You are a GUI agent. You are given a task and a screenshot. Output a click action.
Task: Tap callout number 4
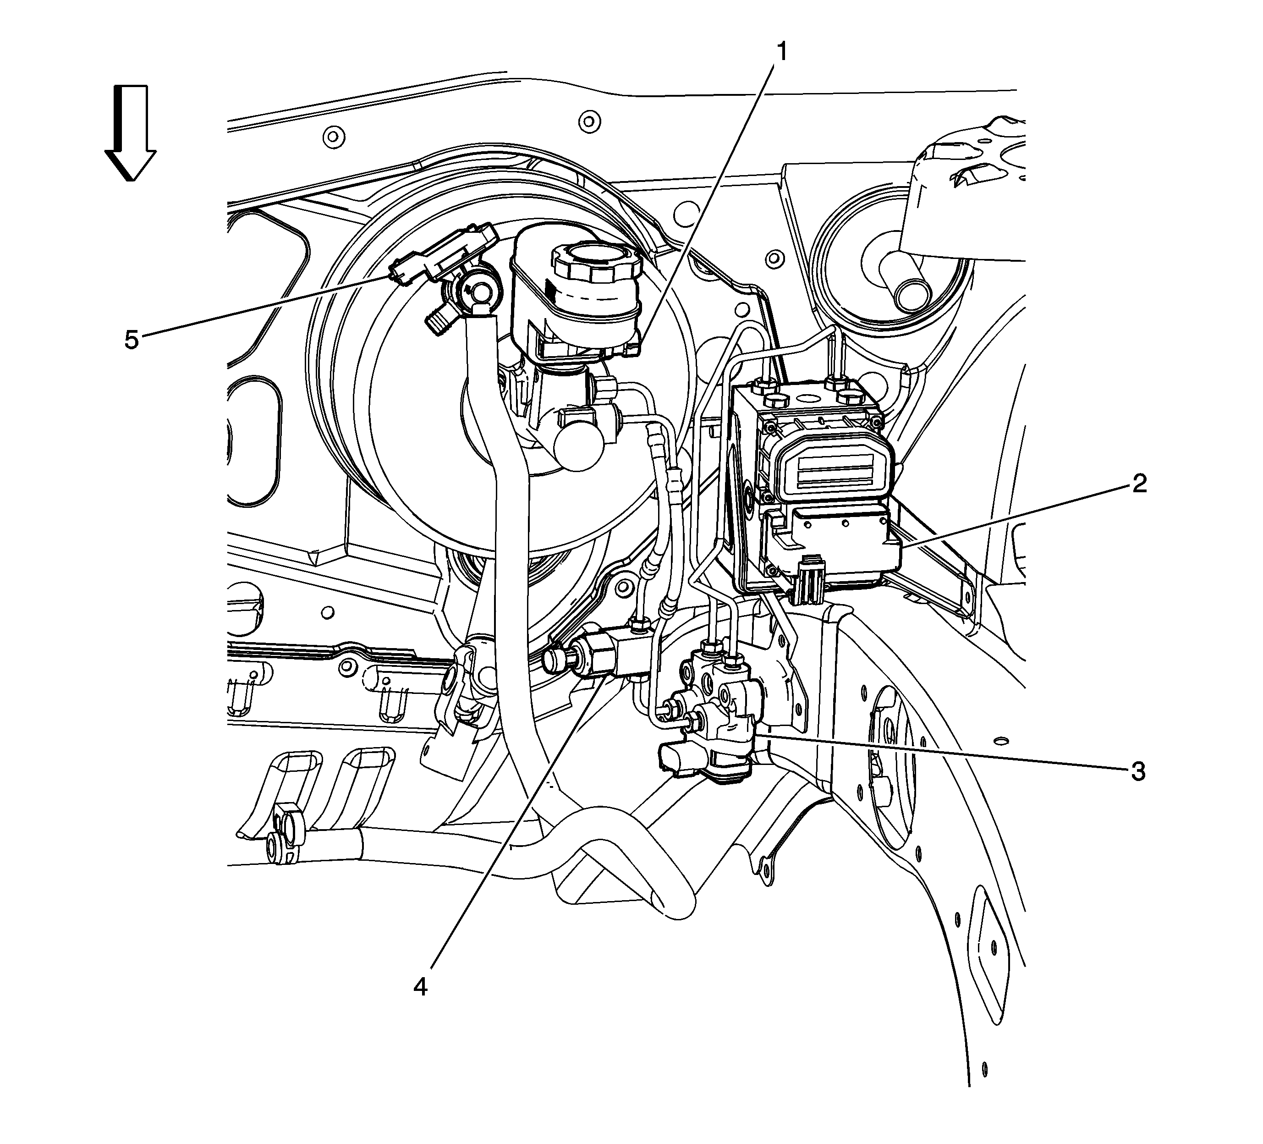click(420, 987)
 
